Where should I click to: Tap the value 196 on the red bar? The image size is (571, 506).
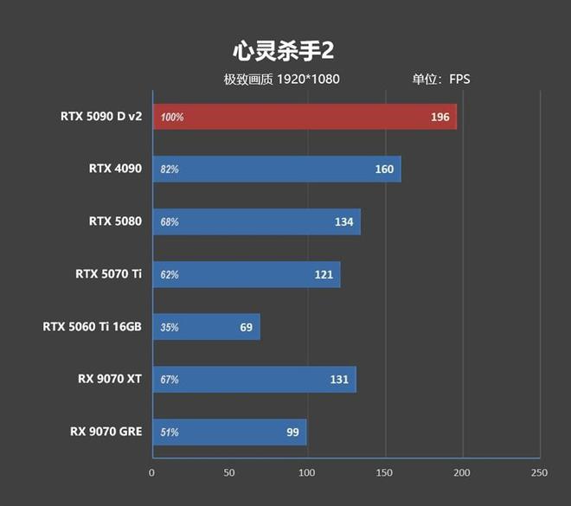(439, 117)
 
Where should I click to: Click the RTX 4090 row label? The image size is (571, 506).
(115, 169)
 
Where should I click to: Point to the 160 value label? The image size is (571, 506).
(384, 170)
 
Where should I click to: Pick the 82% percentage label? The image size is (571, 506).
(170, 170)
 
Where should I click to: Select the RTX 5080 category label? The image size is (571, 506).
(115, 221)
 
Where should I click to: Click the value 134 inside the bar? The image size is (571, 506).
(343, 222)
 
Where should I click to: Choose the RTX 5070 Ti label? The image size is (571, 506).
(108, 274)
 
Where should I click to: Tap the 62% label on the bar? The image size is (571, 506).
(170, 275)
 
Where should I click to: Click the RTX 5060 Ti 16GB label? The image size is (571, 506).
(93, 327)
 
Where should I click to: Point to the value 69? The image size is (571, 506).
(246, 328)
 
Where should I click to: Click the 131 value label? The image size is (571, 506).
(338, 380)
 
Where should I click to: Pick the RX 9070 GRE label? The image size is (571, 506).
(106, 432)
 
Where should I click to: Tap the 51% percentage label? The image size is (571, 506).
(170, 432)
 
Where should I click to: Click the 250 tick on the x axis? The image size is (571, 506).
(539, 473)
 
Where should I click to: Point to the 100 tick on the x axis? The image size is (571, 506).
(307, 473)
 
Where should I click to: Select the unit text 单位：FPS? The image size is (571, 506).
(440, 80)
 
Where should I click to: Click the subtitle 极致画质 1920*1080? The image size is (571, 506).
(281, 80)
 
